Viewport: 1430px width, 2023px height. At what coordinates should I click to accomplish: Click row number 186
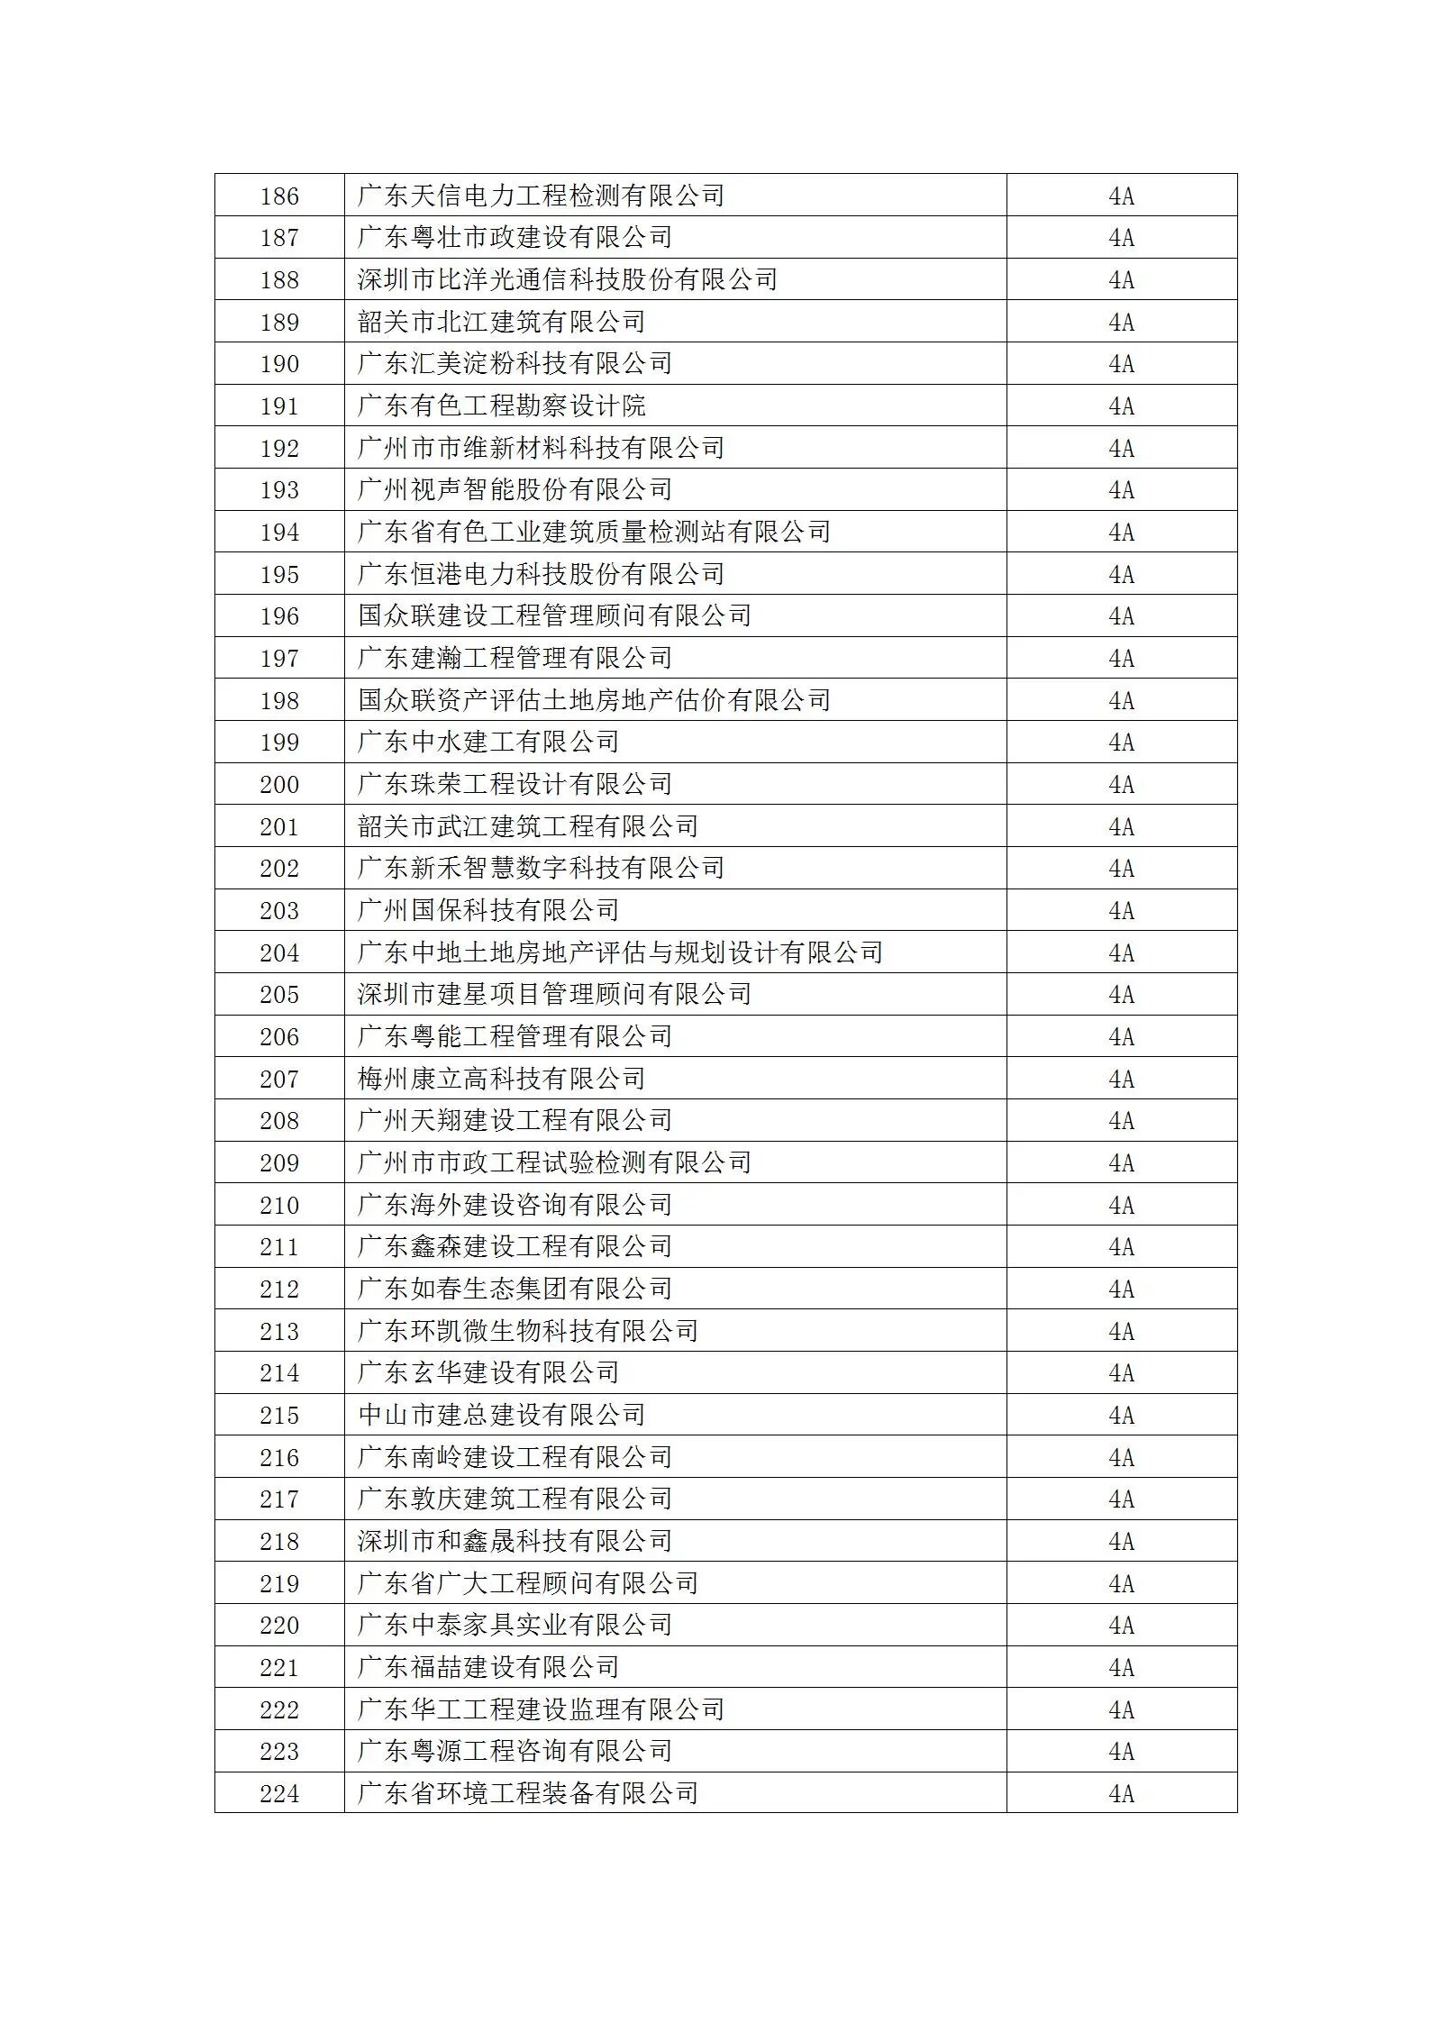point(279,196)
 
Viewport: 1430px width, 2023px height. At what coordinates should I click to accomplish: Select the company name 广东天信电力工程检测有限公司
point(541,196)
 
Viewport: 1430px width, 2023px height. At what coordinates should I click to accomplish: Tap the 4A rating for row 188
point(1121,279)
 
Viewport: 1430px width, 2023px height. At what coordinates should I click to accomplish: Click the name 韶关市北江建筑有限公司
point(501,322)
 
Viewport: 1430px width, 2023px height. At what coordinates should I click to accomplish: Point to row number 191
point(279,406)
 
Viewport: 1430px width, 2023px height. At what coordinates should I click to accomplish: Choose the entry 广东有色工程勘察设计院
point(501,406)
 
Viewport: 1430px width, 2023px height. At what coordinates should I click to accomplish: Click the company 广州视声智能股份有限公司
point(515,490)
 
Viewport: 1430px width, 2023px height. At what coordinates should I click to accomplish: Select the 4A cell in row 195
point(1121,574)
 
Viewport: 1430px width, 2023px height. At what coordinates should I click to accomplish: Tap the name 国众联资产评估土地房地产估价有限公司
point(594,700)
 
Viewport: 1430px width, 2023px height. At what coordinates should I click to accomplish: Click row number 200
point(279,785)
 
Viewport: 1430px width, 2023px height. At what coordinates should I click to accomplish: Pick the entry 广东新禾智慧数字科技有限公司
point(541,869)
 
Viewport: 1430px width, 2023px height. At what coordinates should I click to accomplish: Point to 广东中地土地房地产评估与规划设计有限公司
point(620,952)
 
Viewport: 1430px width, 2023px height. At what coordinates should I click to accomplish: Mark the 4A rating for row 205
point(1121,995)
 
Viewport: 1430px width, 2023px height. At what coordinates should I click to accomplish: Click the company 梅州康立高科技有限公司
point(501,1079)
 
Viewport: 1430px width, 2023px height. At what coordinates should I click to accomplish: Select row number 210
point(279,1205)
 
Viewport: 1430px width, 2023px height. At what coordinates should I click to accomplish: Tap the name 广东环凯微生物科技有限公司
point(528,1331)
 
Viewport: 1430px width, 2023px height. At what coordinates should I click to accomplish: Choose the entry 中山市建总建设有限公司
point(501,1415)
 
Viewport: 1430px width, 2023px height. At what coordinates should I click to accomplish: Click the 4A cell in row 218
point(1121,1541)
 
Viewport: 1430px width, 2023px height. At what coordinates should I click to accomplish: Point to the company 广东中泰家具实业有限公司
point(515,1626)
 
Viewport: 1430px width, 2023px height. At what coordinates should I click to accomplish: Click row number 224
point(279,1793)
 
